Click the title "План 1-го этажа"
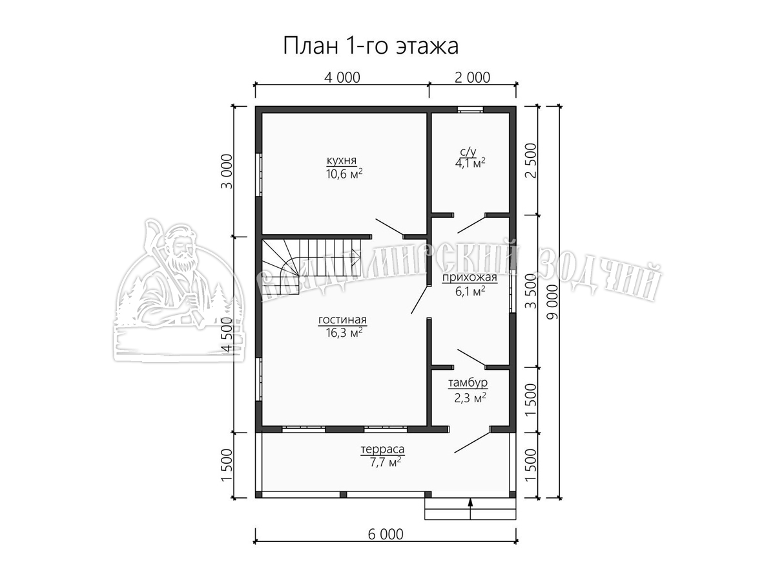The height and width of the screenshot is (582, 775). pyautogui.click(x=371, y=46)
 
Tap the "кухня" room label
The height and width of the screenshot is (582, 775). pyautogui.click(x=342, y=161)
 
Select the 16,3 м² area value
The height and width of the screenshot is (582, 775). pyautogui.click(x=344, y=332)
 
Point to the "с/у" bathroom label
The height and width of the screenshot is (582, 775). pyautogui.click(x=468, y=152)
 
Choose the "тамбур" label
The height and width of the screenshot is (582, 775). pyautogui.click(x=468, y=382)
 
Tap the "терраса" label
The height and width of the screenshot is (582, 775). pyautogui.click(x=382, y=449)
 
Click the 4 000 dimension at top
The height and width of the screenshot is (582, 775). pyautogui.click(x=342, y=78)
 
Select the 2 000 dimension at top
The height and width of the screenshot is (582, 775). pyautogui.click(x=472, y=78)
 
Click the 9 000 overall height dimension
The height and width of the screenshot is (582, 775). pyautogui.click(x=553, y=302)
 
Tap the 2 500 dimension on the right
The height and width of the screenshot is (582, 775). pyautogui.click(x=531, y=161)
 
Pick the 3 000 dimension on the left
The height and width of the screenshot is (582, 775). pyautogui.click(x=227, y=171)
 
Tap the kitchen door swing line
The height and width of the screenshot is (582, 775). pyautogui.click(x=389, y=227)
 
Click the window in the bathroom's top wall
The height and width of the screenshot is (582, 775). pyautogui.click(x=470, y=109)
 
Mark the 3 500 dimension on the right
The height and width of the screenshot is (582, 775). pyautogui.click(x=531, y=291)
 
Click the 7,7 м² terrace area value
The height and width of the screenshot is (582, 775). pyautogui.click(x=383, y=462)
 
